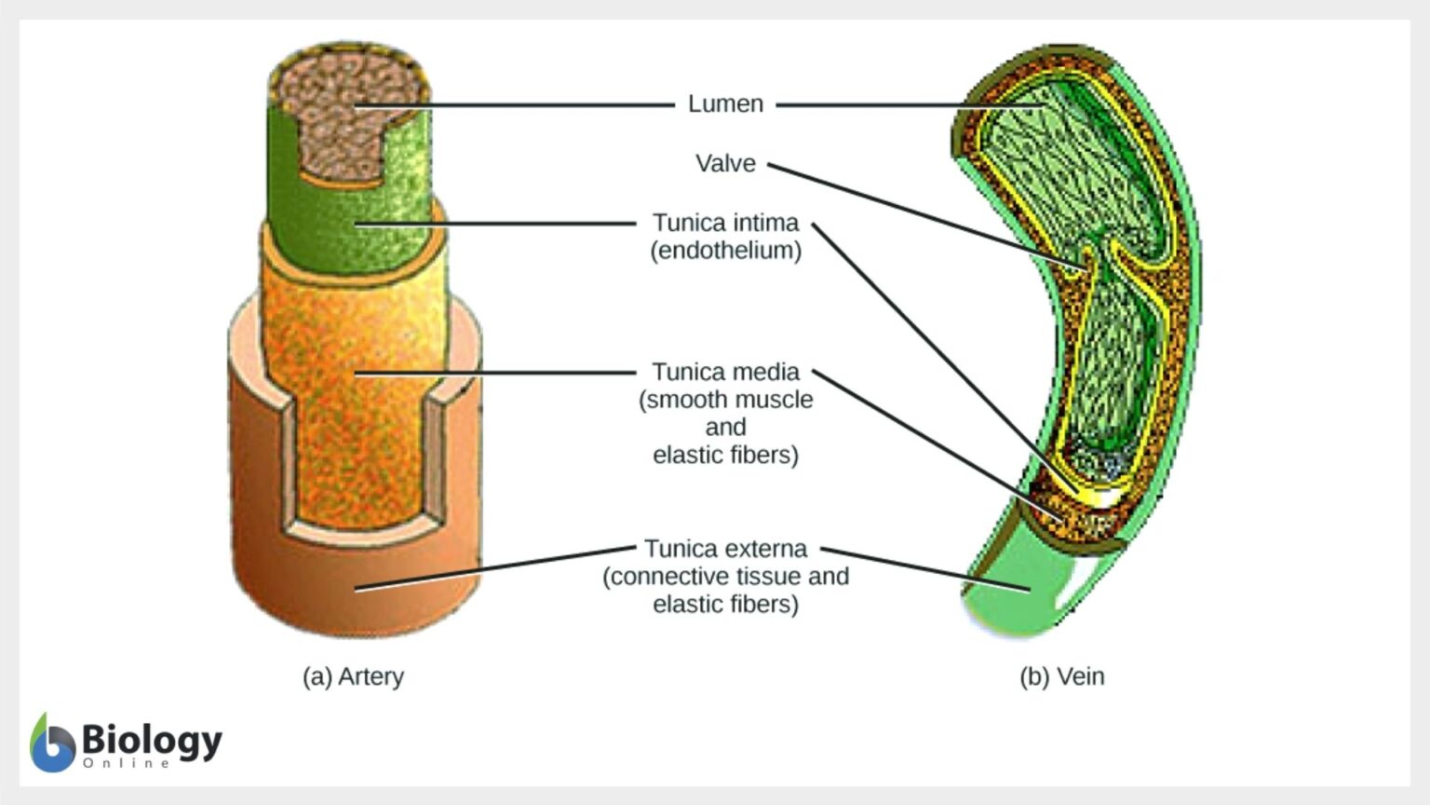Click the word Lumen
(x=725, y=103)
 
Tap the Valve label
(x=725, y=163)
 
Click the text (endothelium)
(x=725, y=251)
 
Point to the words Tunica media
(x=725, y=372)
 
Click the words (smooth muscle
(x=725, y=400)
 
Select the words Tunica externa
(x=725, y=549)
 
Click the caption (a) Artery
(x=353, y=676)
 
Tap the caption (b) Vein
(x=1061, y=676)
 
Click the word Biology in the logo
(x=152, y=740)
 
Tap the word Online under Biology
(x=127, y=763)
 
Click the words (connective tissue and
(x=725, y=577)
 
